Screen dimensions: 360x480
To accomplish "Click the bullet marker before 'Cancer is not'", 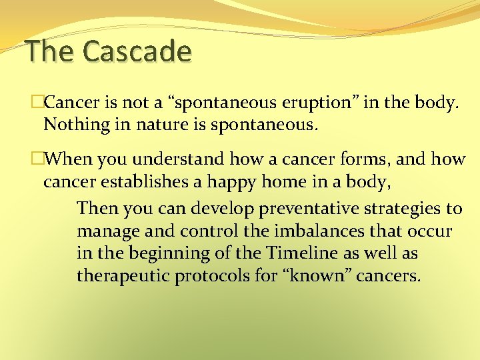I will click(x=37, y=103).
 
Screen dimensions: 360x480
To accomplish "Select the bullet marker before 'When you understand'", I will click(x=37, y=159).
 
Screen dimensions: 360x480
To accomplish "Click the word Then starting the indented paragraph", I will click(x=97, y=208).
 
